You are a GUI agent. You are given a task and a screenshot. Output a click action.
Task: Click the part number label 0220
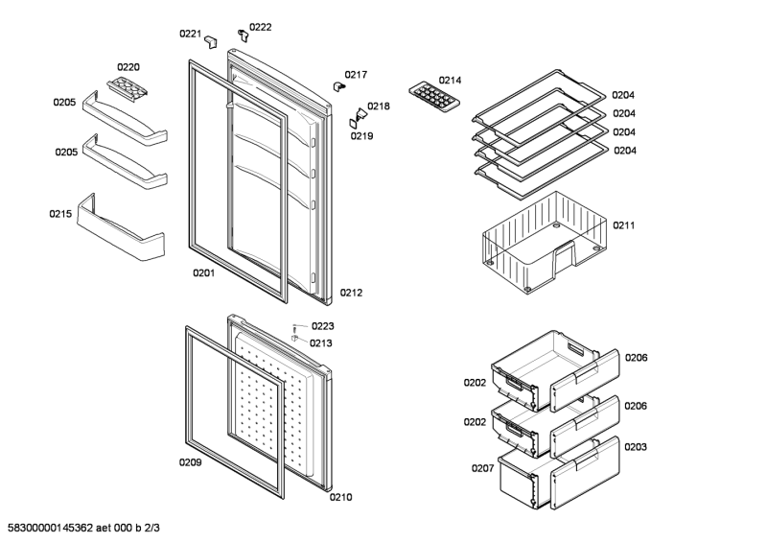[128, 67]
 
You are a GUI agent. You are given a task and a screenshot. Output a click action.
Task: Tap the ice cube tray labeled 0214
[432, 97]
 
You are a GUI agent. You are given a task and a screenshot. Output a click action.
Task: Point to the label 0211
[625, 225]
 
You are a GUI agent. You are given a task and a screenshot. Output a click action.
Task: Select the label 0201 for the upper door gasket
[202, 272]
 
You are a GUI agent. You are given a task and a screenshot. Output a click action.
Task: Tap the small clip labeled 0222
[244, 36]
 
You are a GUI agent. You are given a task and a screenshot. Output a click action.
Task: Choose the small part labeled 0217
[338, 85]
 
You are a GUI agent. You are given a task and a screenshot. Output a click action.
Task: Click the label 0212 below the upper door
[350, 293]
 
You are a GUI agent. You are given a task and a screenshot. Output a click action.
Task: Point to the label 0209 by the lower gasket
[190, 462]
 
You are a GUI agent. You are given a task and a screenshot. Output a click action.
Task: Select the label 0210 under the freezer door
[340, 497]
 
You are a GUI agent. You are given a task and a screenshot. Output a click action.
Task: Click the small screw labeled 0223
[296, 327]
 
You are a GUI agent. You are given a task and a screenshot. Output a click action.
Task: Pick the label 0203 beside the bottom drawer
[636, 447]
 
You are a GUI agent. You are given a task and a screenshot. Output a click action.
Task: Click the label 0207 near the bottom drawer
[482, 468]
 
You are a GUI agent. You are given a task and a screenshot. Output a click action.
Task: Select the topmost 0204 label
[624, 95]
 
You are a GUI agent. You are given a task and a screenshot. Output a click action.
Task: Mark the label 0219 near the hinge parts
[360, 136]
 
